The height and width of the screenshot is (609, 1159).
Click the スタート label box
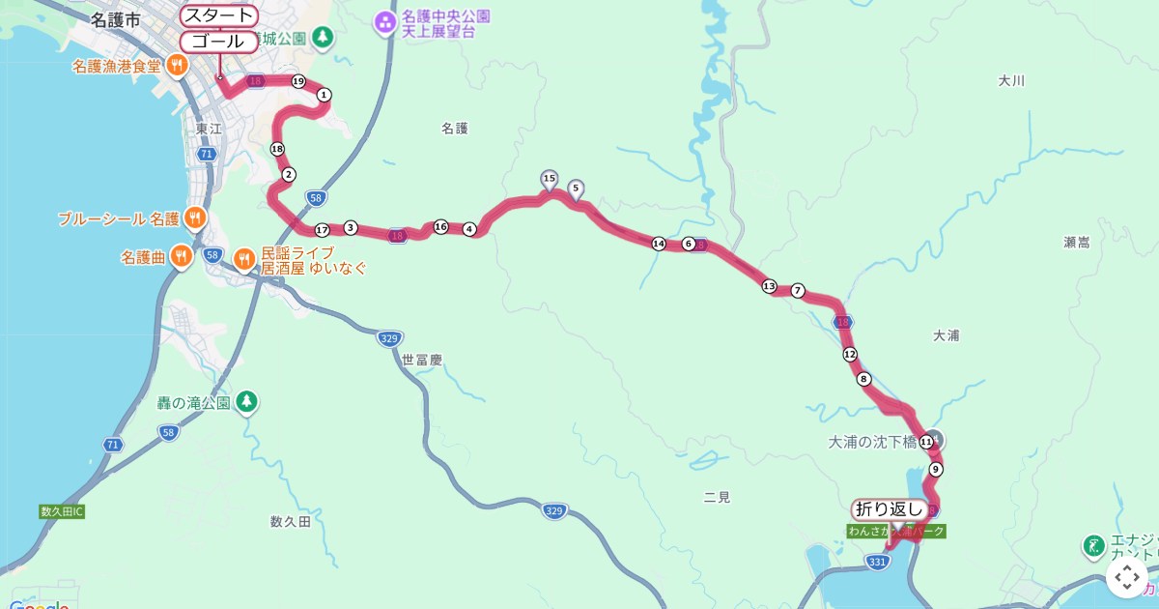click(x=219, y=15)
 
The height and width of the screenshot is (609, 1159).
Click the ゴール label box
click(x=219, y=42)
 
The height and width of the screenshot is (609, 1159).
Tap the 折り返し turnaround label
click(x=890, y=508)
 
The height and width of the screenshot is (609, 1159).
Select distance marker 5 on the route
click(x=576, y=188)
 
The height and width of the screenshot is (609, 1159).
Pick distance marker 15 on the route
click(x=550, y=179)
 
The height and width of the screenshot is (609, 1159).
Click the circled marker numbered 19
click(x=297, y=80)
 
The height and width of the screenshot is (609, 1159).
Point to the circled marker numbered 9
click(x=935, y=470)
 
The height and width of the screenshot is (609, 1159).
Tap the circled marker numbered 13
click(x=769, y=286)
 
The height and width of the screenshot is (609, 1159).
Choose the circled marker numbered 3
click(x=351, y=228)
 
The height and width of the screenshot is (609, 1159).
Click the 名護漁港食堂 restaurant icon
click(x=177, y=66)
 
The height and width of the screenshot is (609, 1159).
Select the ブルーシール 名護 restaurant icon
click(x=194, y=217)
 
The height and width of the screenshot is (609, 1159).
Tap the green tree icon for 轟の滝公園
click(x=247, y=401)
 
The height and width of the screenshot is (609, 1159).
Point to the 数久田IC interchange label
click(x=63, y=510)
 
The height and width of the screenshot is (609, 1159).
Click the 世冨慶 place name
click(x=421, y=360)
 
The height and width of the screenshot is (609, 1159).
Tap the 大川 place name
click(x=1011, y=81)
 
